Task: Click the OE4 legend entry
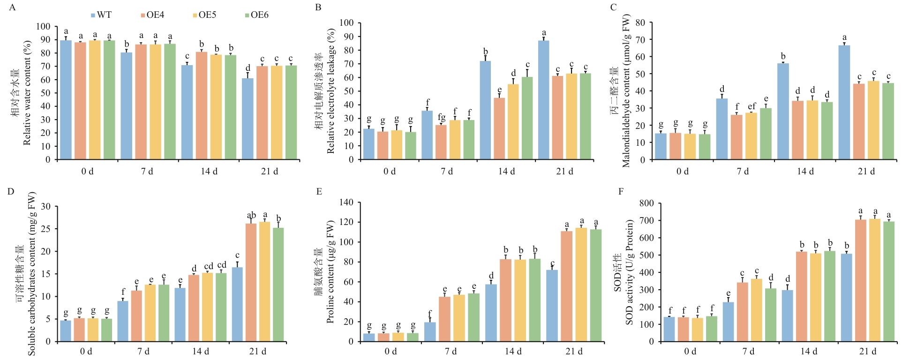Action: click(x=152, y=15)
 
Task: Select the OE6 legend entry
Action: click(x=256, y=15)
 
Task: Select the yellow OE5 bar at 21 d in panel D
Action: click(x=265, y=281)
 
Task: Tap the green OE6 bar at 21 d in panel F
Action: click(x=889, y=281)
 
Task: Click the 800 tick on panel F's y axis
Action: click(x=646, y=203)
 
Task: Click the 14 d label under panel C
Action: click(x=805, y=172)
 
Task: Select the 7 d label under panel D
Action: click(x=143, y=351)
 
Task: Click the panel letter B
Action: click(x=318, y=7)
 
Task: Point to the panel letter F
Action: click(x=621, y=191)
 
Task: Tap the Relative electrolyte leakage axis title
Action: click(x=331, y=91)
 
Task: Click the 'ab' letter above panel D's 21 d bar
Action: click(x=251, y=216)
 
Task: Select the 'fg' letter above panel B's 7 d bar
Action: click(x=441, y=117)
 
